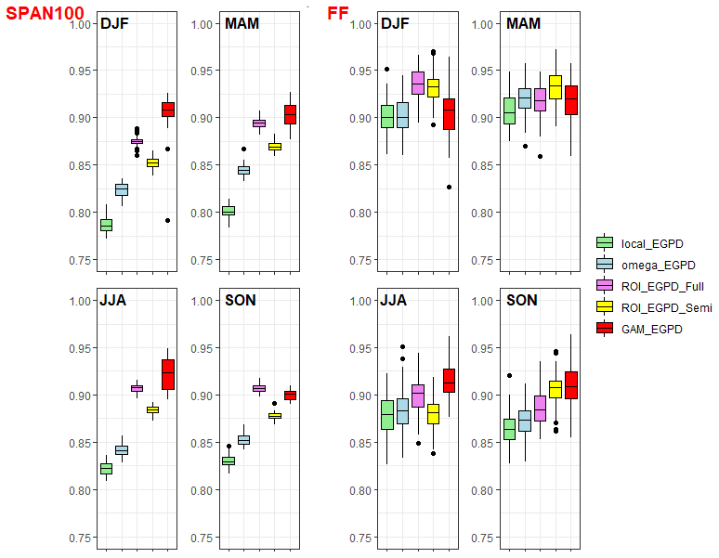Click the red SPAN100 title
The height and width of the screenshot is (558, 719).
tap(45, 13)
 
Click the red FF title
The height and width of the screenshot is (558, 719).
tap(337, 13)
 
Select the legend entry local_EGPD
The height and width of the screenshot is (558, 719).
tap(651, 243)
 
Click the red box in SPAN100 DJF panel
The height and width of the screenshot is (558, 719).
tap(167, 110)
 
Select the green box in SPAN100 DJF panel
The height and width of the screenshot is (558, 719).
tap(106, 225)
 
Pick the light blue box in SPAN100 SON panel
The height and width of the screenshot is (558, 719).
tap(243, 439)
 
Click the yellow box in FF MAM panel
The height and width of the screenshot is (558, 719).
tap(555, 86)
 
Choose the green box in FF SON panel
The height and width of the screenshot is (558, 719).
tap(509, 429)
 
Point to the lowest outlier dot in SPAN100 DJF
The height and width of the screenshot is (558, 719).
tap(167, 220)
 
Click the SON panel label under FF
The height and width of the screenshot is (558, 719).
tap(522, 301)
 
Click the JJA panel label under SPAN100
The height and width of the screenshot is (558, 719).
tap(115, 301)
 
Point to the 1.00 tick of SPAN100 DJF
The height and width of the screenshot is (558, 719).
tap(83, 23)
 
